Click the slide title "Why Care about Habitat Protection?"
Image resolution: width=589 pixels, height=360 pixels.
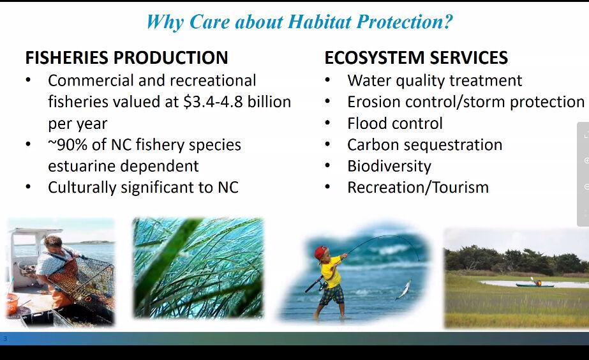point(299,22)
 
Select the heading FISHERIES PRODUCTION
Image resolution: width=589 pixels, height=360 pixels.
point(126,58)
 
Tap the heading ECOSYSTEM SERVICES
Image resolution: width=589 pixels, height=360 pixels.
point(416,58)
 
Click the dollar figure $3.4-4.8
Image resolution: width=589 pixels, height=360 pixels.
point(213,102)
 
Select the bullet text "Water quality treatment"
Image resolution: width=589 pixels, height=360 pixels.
point(435,81)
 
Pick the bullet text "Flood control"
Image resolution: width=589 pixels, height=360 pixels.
point(395,124)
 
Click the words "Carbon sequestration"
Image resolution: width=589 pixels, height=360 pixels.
point(425,145)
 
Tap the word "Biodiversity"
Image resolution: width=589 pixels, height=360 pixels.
point(389,167)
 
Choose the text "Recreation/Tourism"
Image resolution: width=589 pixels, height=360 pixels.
point(418,188)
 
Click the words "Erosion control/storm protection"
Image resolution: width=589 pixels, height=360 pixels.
point(466,102)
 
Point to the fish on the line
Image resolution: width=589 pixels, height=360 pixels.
point(403,290)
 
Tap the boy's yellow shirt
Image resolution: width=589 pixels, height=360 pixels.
point(331,272)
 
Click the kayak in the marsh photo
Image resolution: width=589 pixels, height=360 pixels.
point(534,285)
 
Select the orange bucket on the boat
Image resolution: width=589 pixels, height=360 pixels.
point(12,303)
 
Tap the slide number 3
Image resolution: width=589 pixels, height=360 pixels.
point(5,338)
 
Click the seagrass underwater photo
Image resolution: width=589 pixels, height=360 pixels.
point(198,268)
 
